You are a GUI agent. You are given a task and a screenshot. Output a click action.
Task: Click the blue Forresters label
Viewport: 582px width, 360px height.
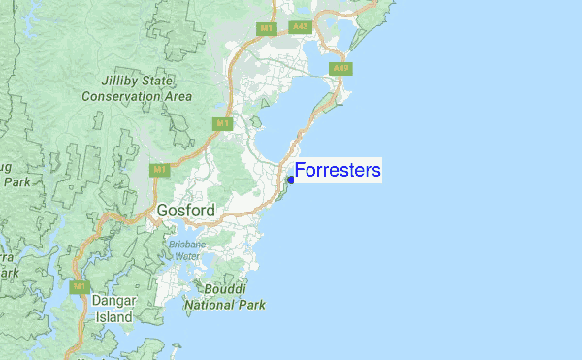[x=338, y=171]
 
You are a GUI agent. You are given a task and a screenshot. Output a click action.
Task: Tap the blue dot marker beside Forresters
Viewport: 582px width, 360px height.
[x=291, y=179]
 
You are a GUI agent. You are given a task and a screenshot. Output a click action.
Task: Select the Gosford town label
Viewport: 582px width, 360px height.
[x=185, y=210]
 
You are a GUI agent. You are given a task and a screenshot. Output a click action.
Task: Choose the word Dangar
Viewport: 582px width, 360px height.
[x=113, y=301]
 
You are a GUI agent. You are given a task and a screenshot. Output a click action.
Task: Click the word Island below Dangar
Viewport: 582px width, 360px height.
[x=113, y=316]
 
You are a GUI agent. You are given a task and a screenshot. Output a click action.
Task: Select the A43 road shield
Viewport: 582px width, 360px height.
[x=300, y=28]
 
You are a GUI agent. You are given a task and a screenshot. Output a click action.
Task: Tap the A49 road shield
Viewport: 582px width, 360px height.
[x=339, y=68]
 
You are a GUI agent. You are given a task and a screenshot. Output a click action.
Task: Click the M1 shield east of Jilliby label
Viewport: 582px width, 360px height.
[x=222, y=123]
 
